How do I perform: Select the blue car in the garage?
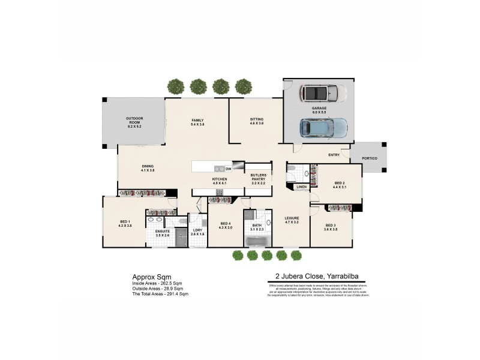tap(323, 127)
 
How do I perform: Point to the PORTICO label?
tap(370, 159)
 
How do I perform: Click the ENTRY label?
tap(334, 155)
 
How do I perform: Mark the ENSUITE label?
tap(162, 232)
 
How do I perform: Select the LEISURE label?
tap(292, 220)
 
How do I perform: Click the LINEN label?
tap(301, 187)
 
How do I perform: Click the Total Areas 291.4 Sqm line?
tap(160, 294)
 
